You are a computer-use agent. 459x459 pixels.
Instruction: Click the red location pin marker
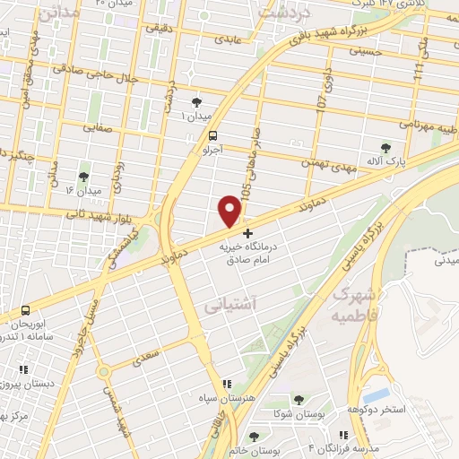230,210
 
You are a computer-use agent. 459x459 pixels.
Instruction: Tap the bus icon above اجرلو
212,137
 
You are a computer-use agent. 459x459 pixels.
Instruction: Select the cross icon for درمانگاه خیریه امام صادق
248,233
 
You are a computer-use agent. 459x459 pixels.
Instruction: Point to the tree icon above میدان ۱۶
83,177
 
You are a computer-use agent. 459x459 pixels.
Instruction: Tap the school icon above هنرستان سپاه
228,383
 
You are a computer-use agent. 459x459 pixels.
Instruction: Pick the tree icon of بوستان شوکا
299,401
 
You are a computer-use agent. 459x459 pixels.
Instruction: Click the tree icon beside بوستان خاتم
255,438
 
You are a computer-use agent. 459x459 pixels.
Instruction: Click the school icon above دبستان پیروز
23,368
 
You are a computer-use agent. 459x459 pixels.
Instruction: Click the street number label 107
321,101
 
